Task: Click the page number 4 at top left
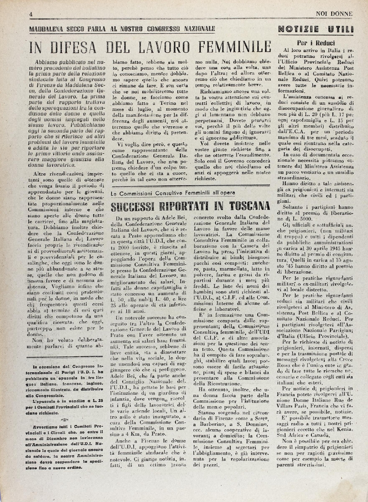pos(31,14)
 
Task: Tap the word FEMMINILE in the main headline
pos(235,47)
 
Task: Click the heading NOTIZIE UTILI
pos(316,29)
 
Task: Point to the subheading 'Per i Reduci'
pos(316,43)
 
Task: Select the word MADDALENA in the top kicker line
pos(46,29)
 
